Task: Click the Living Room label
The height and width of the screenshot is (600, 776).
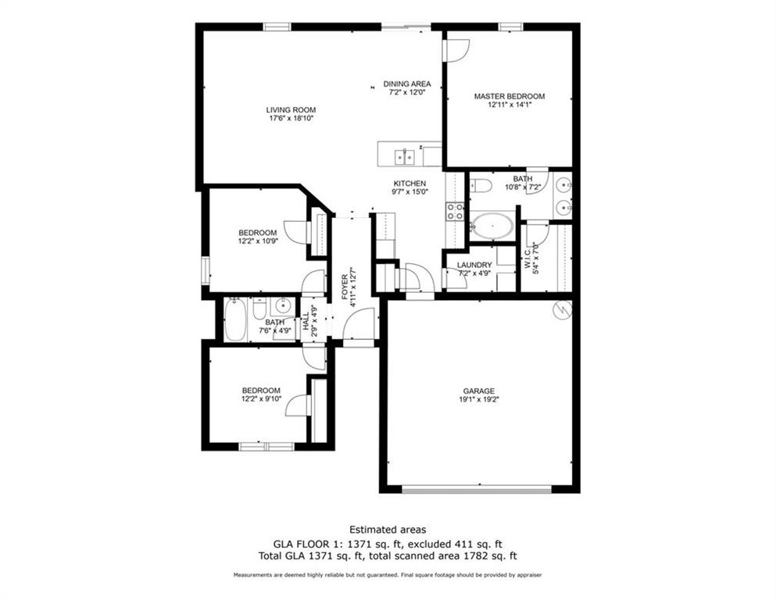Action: (x=291, y=110)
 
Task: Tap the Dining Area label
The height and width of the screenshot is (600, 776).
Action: (x=406, y=84)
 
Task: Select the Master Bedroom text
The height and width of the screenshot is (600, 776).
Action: (x=509, y=97)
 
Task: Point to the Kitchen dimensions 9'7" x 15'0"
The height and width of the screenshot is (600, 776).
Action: (x=409, y=193)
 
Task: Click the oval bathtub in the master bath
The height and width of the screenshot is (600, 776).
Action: (x=492, y=226)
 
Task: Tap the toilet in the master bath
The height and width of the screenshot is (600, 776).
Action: (x=481, y=185)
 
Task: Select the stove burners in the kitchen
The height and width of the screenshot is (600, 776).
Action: (x=454, y=210)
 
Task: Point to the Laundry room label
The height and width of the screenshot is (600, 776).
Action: (x=474, y=266)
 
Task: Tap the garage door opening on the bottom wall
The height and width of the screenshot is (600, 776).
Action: (x=477, y=490)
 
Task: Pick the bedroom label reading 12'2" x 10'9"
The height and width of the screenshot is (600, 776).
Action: (x=257, y=241)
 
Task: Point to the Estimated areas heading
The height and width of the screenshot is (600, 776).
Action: (x=388, y=530)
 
